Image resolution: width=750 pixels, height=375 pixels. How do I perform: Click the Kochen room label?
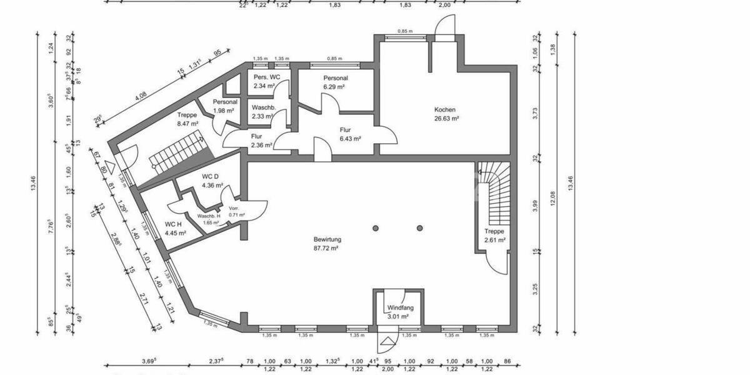447,113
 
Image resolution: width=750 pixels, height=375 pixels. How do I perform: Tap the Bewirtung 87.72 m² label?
327,243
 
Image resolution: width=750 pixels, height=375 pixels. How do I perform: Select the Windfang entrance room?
397,312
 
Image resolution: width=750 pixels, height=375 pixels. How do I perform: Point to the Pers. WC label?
267,81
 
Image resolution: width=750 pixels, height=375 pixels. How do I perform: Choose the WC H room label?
175,228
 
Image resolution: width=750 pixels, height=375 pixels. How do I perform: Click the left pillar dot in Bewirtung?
376,227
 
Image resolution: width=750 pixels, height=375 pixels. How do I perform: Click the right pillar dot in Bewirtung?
420,227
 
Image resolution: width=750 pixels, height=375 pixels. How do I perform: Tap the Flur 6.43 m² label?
351,134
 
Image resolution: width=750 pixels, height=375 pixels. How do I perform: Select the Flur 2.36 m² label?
261,140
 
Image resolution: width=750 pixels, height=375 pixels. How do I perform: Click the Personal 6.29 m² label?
335,82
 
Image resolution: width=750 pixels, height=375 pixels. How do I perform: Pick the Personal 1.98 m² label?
224,106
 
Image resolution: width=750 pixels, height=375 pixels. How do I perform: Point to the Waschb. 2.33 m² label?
263,111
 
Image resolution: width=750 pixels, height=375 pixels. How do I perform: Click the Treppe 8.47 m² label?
187,119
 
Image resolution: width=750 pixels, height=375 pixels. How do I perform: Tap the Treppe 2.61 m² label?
494,235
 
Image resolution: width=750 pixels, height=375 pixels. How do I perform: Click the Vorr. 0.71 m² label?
236,211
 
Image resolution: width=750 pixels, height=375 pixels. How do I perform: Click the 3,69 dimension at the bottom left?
149,361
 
